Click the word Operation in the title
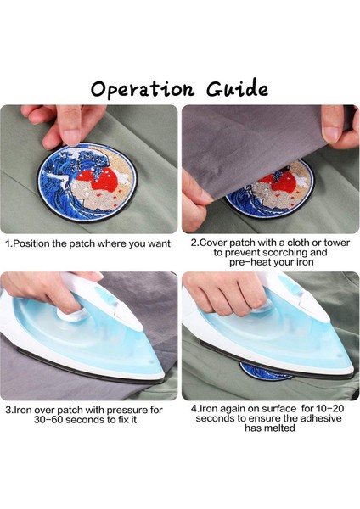pos(143,88)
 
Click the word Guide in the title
pos(237,87)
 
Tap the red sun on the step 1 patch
pos(104,181)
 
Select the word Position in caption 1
pos(32,243)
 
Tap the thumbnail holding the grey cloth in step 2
pos(330,133)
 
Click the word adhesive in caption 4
pos(321,418)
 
